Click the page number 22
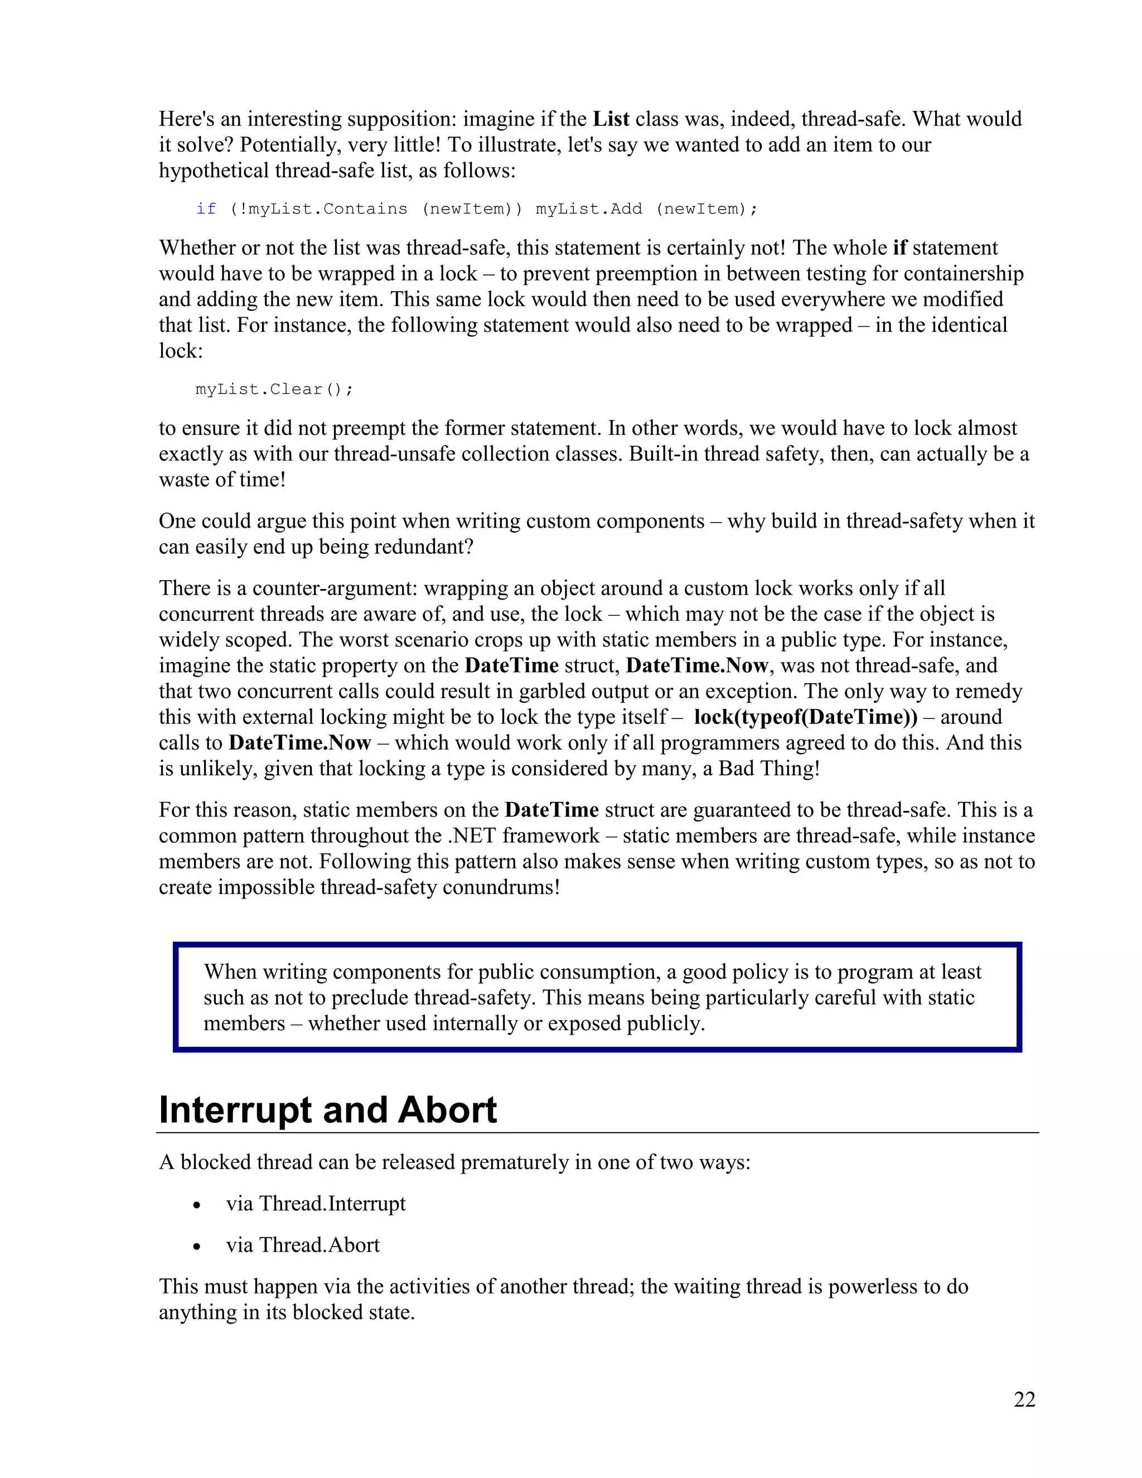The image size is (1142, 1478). tap(1024, 1399)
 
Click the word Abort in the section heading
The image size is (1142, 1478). tap(447, 1110)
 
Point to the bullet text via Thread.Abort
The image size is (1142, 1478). tap(303, 1244)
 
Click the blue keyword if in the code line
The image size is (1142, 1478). tap(206, 209)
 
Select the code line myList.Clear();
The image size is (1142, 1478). tap(274, 389)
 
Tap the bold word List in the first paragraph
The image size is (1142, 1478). tap(611, 119)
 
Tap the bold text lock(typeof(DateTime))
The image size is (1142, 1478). tap(805, 717)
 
